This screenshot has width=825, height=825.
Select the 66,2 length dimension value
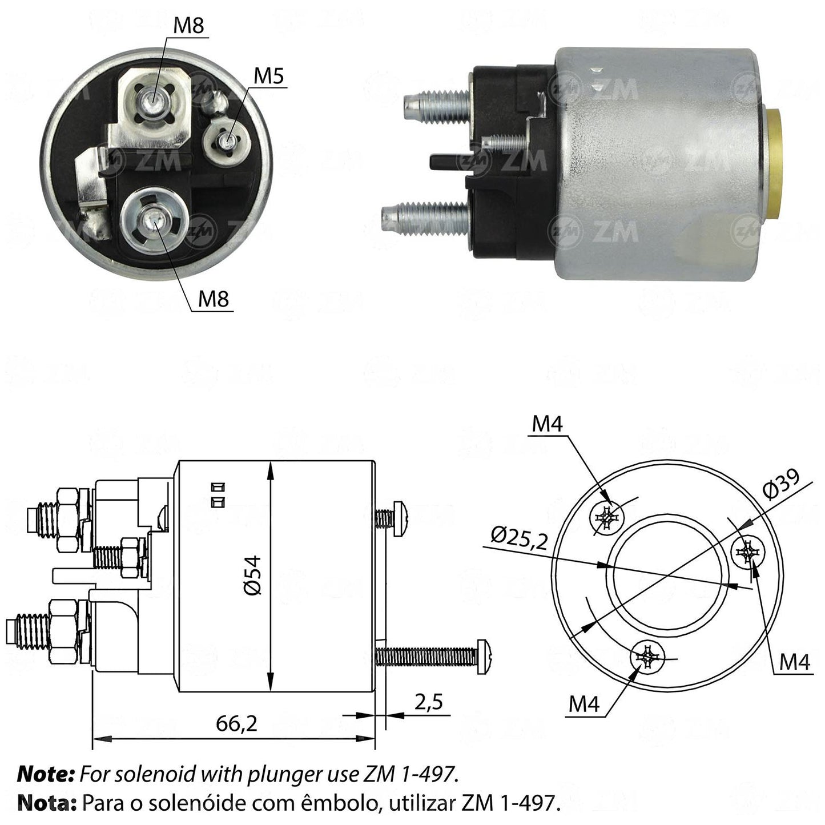[x=236, y=723]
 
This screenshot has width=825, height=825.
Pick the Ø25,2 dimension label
[x=520, y=539]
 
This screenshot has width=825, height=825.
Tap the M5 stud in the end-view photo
[x=226, y=140]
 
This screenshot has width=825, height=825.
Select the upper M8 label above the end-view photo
[x=188, y=26]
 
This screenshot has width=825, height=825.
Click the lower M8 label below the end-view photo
[x=213, y=298]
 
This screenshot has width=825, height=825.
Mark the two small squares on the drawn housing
[x=218, y=494]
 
